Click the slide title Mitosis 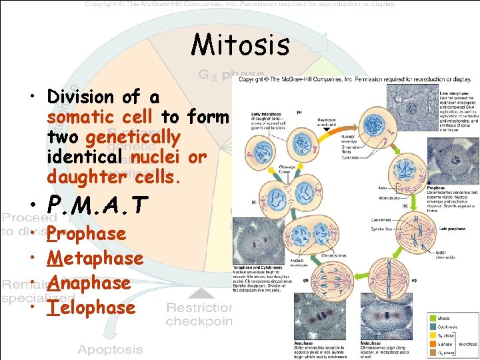[240, 45]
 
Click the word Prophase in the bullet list [87, 233]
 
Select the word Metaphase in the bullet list [95, 258]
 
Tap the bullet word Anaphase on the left [89, 283]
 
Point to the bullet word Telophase [91, 307]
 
